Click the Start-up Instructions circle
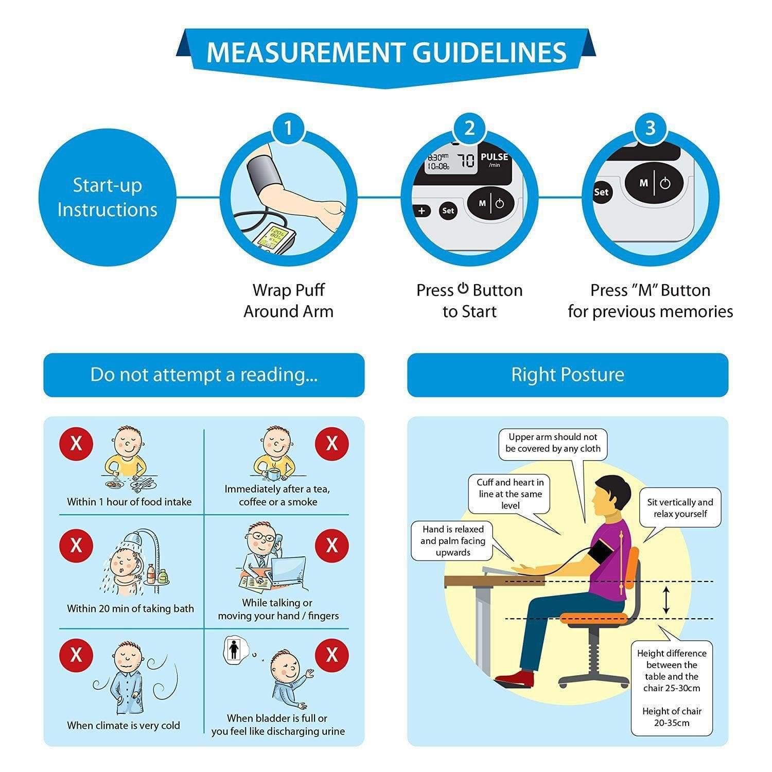click(x=107, y=197)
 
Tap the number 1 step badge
click(x=288, y=128)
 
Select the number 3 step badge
click(x=650, y=128)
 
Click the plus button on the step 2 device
click(x=422, y=210)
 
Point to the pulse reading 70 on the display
click(x=466, y=161)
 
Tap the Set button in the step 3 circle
click(x=601, y=192)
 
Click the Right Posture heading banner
click(x=567, y=375)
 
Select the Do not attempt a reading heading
click(x=204, y=375)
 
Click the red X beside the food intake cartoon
click(x=76, y=443)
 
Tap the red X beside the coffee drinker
click(x=331, y=443)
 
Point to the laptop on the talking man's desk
click(x=288, y=571)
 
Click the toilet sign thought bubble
click(x=234, y=650)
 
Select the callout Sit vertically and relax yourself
click(x=680, y=507)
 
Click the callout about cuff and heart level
click(x=510, y=494)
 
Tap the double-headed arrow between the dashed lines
click(x=666, y=600)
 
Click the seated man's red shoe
click(x=515, y=678)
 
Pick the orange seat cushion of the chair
click(x=592, y=618)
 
